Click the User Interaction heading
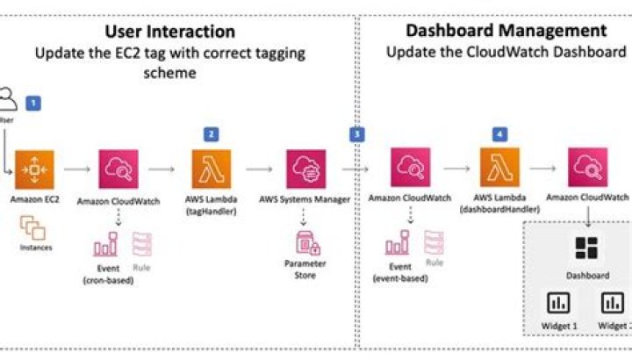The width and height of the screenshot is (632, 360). [170, 32]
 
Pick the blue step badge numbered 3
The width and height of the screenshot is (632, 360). [355, 134]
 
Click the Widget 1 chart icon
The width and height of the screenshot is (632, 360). [559, 304]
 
